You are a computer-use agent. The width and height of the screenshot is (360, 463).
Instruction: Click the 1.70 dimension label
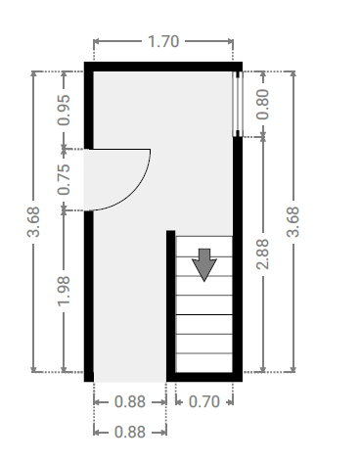tap(163, 41)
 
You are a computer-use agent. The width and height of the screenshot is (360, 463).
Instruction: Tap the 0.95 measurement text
tap(64, 110)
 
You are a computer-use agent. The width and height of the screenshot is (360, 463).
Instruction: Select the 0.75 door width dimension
tap(64, 179)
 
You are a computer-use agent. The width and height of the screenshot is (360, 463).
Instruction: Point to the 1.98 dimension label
tap(64, 291)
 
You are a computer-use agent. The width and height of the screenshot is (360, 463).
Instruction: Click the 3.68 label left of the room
tap(33, 221)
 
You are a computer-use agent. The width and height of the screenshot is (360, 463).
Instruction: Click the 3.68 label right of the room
tap(292, 221)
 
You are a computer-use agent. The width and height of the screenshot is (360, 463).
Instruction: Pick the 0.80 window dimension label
tap(262, 105)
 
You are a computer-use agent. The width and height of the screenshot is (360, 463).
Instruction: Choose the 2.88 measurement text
tap(262, 255)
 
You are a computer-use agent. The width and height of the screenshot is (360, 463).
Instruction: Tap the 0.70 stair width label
tap(204, 401)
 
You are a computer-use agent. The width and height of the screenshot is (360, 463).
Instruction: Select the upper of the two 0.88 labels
tap(130, 401)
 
